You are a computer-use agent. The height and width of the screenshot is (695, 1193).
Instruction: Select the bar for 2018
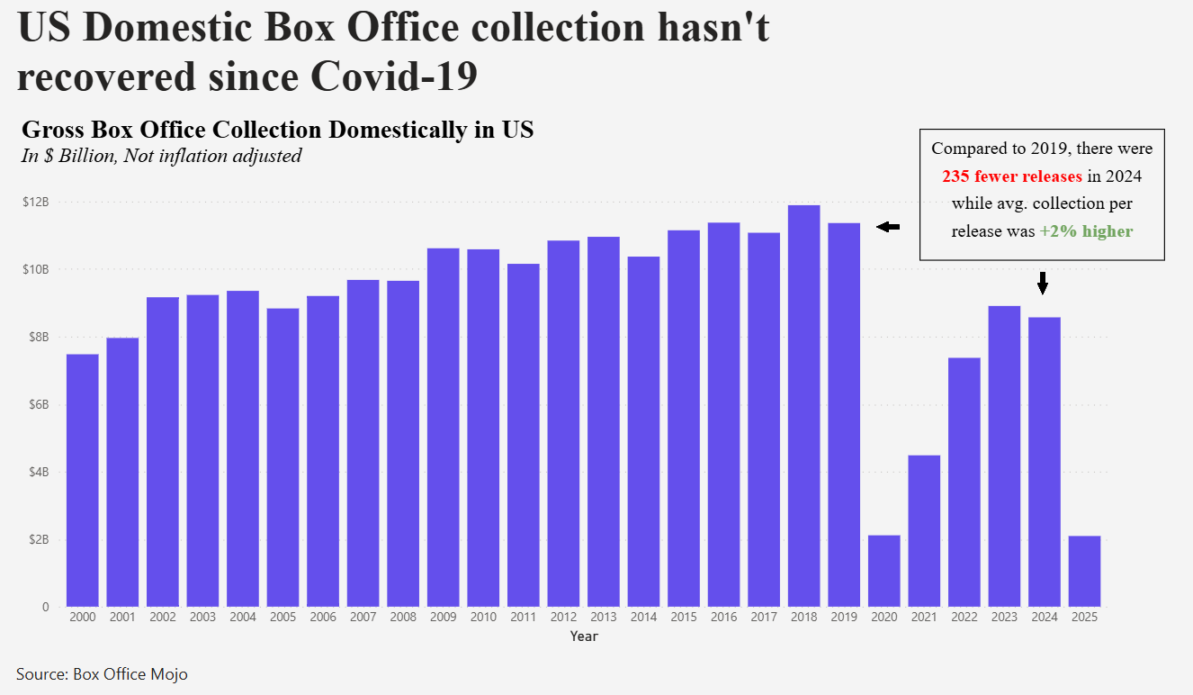coord(803,405)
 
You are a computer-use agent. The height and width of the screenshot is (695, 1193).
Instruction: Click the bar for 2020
coord(884,571)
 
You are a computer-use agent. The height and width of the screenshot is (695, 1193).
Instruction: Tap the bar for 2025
coord(1084,571)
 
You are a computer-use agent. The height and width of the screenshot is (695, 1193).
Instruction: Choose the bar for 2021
coord(924,531)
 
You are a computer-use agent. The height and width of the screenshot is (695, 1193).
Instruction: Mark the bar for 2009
coord(443,427)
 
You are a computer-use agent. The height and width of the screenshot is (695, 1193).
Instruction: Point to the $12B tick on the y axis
coord(37,202)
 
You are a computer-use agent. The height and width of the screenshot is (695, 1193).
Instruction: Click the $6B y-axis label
coord(37,404)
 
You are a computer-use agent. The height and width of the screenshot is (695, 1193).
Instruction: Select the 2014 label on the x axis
coord(643,618)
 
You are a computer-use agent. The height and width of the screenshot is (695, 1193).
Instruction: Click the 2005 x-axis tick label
coord(283,618)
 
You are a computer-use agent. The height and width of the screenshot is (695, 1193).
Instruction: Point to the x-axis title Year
coord(583,636)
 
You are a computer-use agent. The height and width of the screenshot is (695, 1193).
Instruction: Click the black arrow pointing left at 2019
coord(888,227)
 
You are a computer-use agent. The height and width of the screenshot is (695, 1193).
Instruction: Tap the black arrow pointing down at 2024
coord(1043,283)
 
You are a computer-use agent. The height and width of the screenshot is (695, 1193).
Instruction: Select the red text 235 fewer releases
coord(1012,176)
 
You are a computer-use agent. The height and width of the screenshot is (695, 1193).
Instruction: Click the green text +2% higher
coord(1086,231)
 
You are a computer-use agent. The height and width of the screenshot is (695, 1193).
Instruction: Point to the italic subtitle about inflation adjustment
coord(161,156)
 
